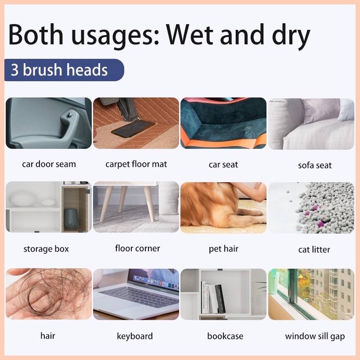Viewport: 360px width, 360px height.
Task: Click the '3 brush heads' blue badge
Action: click(x=64, y=70)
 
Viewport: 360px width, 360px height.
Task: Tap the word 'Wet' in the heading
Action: click(x=191, y=35)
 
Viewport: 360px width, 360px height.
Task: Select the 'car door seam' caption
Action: click(x=49, y=164)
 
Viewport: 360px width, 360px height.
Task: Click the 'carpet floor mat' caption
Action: click(x=136, y=164)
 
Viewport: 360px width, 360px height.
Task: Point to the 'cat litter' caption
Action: click(x=314, y=249)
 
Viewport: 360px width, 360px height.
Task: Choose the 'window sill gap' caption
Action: click(x=315, y=336)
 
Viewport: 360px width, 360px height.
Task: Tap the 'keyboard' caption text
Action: click(x=135, y=336)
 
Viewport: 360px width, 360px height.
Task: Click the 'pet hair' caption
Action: click(x=223, y=249)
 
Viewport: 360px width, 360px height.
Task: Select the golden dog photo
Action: click(x=223, y=208)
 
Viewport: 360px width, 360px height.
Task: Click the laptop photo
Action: click(x=136, y=294)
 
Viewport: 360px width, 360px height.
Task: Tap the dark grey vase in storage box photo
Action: click(x=71, y=219)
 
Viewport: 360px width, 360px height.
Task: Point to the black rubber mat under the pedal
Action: click(x=133, y=128)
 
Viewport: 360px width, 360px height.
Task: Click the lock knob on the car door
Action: click(x=69, y=114)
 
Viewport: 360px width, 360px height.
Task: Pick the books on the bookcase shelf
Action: click(x=212, y=298)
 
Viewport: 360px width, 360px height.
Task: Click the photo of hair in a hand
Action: click(x=49, y=294)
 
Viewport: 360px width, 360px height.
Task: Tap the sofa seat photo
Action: click(x=311, y=124)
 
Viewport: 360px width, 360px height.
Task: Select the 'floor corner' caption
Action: click(x=137, y=248)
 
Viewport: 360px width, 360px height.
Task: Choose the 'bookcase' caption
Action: click(x=225, y=336)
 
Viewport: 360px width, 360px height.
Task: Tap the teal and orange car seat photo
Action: click(x=223, y=123)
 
